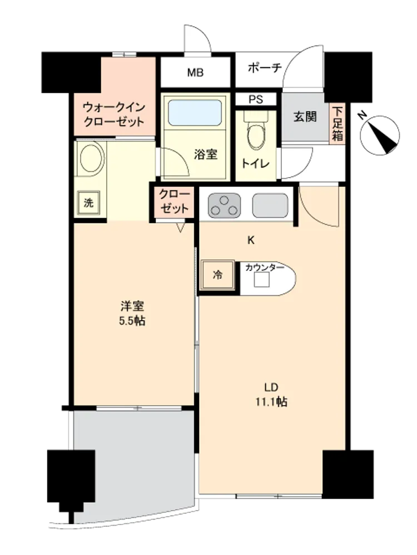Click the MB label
click(195, 73)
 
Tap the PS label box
click(256, 99)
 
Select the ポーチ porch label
click(265, 67)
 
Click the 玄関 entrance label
click(305, 117)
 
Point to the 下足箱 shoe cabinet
click(337, 124)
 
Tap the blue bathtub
click(195, 113)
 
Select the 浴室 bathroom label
click(205, 154)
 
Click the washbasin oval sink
click(92, 158)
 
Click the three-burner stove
click(224, 205)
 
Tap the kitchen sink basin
click(270, 205)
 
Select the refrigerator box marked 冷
click(218, 274)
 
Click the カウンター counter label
click(265, 268)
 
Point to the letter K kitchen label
click(251, 240)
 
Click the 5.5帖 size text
click(132, 321)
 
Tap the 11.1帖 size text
click(271, 402)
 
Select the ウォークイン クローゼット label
click(114, 114)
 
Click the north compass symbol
click(379, 135)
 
